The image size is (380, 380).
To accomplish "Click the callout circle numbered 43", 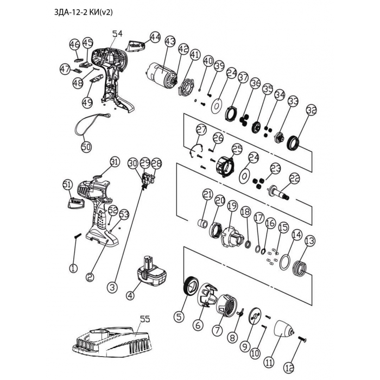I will point(170,41).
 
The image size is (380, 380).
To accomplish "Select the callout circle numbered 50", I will point(86,147).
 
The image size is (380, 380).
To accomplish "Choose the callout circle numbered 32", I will point(311,110).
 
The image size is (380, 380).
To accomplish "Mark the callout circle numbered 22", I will point(294,178).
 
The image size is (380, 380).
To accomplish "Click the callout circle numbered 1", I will point(73,267).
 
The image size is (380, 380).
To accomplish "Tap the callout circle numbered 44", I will point(155,37).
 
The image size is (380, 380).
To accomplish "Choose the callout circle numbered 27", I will point(201,130).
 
